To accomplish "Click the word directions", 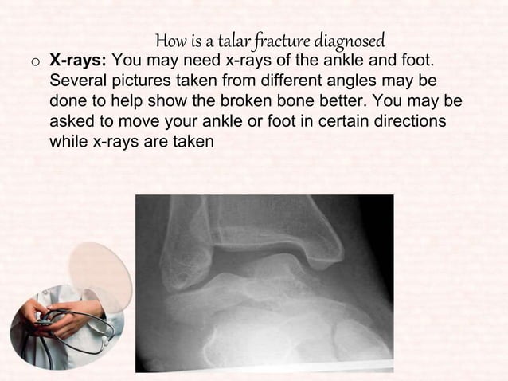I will (408, 124).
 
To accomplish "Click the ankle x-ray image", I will (264, 283).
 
